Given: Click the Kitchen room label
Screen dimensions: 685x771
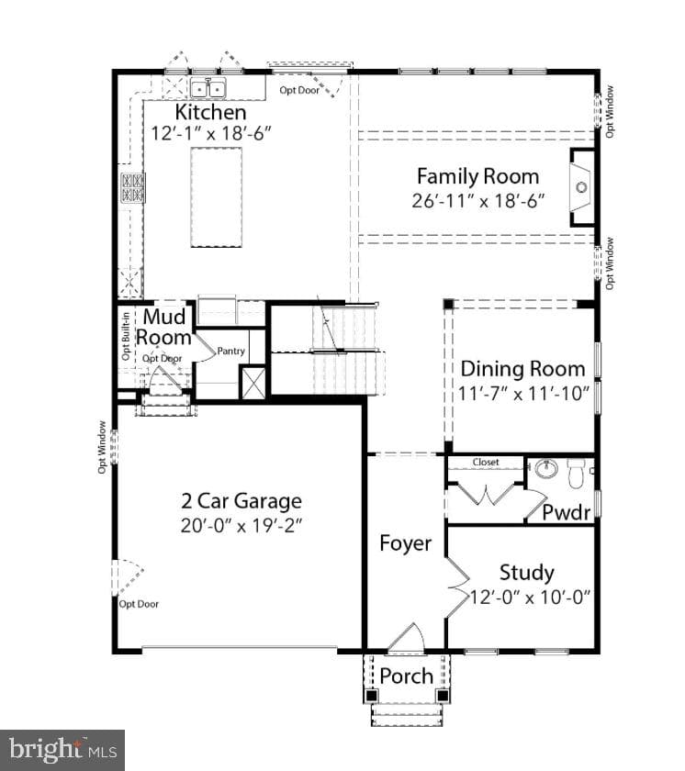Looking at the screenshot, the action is [x=210, y=112].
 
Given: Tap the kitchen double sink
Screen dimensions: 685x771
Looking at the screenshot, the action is [x=208, y=88].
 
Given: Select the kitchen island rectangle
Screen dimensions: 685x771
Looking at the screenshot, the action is [x=217, y=197].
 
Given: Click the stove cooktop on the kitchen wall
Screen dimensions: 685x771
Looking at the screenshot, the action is [x=133, y=187].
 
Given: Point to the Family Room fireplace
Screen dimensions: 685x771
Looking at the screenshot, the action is [x=582, y=187].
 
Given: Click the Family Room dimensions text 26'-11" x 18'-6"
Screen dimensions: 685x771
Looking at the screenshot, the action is [x=478, y=201].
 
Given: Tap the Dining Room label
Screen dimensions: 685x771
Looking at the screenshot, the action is [x=522, y=369].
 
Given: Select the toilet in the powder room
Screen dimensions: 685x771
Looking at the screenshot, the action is [x=575, y=473].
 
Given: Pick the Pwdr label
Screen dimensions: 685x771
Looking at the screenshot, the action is [x=566, y=512].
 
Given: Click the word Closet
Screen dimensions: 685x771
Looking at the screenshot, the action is [x=486, y=463].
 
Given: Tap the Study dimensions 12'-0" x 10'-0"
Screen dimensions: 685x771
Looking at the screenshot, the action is [x=530, y=597].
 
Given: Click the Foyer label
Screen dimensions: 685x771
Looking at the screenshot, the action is [x=406, y=543].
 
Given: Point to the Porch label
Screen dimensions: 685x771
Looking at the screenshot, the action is [x=406, y=676].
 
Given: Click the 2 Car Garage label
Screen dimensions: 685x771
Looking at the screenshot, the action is [x=241, y=501].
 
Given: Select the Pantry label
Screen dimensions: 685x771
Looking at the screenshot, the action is [x=230, y=351].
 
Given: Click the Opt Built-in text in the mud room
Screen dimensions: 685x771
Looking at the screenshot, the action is [x=126, y=336].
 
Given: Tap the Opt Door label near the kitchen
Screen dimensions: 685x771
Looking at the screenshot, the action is [x=299, y=90].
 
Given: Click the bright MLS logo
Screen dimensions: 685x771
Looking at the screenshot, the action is [x=62, y=750].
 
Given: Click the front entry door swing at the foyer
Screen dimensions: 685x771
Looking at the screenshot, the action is [x=406, y=638].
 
